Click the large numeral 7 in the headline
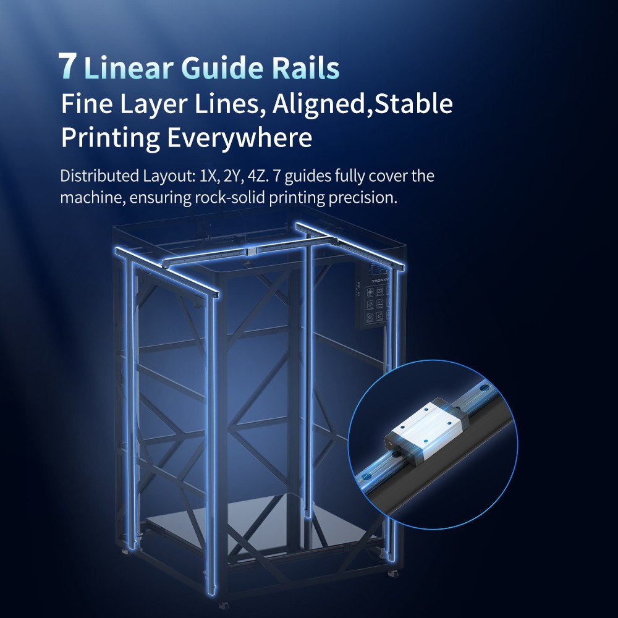67,66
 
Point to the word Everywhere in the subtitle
240,138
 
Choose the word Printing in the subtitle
111,138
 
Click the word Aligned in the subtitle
319,104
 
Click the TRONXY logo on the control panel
380,282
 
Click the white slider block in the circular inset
426,428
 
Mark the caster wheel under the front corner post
224,604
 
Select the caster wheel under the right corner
393,573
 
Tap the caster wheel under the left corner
125,551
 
